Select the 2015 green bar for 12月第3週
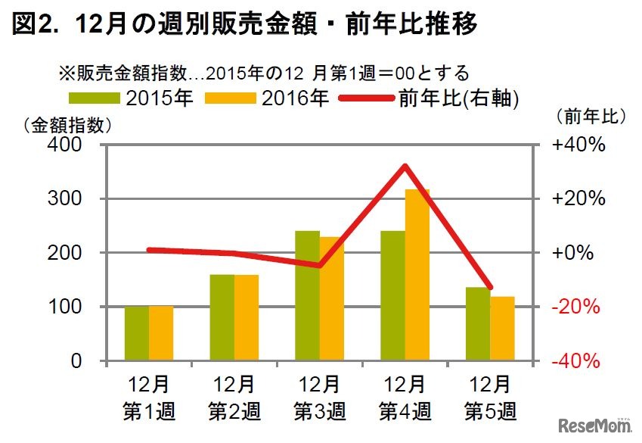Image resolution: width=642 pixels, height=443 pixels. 307,295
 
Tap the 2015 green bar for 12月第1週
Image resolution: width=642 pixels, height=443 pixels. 137,333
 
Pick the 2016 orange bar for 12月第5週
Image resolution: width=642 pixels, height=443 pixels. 502,328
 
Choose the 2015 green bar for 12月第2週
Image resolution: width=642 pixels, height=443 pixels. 222,317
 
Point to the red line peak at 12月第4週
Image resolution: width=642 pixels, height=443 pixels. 405,166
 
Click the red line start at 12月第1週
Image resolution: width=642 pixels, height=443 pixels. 149,249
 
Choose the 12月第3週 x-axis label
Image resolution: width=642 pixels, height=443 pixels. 319,398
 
